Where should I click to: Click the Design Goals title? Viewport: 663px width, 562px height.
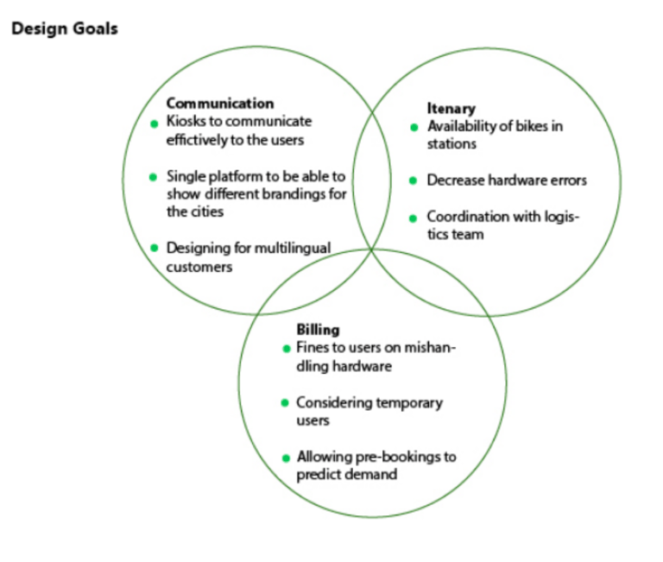point(65,29)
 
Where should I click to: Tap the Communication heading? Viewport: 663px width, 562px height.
point(219,104)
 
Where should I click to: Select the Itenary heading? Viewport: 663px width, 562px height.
point(451,109)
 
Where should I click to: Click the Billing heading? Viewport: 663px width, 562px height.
point(318,330)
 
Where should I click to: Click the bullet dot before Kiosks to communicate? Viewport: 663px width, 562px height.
point(154,123)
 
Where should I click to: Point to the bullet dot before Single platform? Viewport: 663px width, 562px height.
point(154,178)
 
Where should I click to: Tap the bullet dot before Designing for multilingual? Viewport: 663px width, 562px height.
point(154,249)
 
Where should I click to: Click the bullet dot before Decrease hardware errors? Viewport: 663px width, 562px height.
point(414,181)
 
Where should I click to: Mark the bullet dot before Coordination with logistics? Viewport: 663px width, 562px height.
point(414,218)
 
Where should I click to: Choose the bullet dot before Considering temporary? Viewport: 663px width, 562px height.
point(286,403)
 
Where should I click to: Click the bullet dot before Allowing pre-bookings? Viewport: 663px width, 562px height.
point(286,458)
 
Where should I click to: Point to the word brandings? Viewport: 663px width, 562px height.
point(296,194)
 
